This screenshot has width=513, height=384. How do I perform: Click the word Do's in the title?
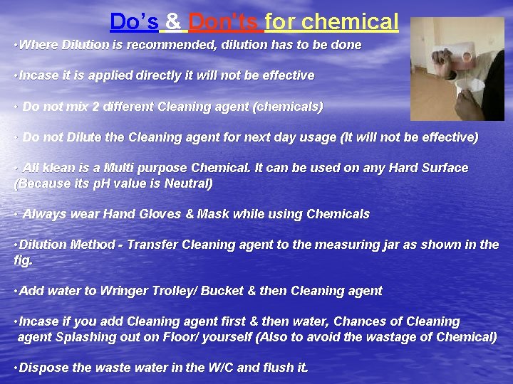click(134, 22)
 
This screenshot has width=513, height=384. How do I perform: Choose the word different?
click(135, 107)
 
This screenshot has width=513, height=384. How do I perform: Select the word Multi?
click(120, 169)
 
